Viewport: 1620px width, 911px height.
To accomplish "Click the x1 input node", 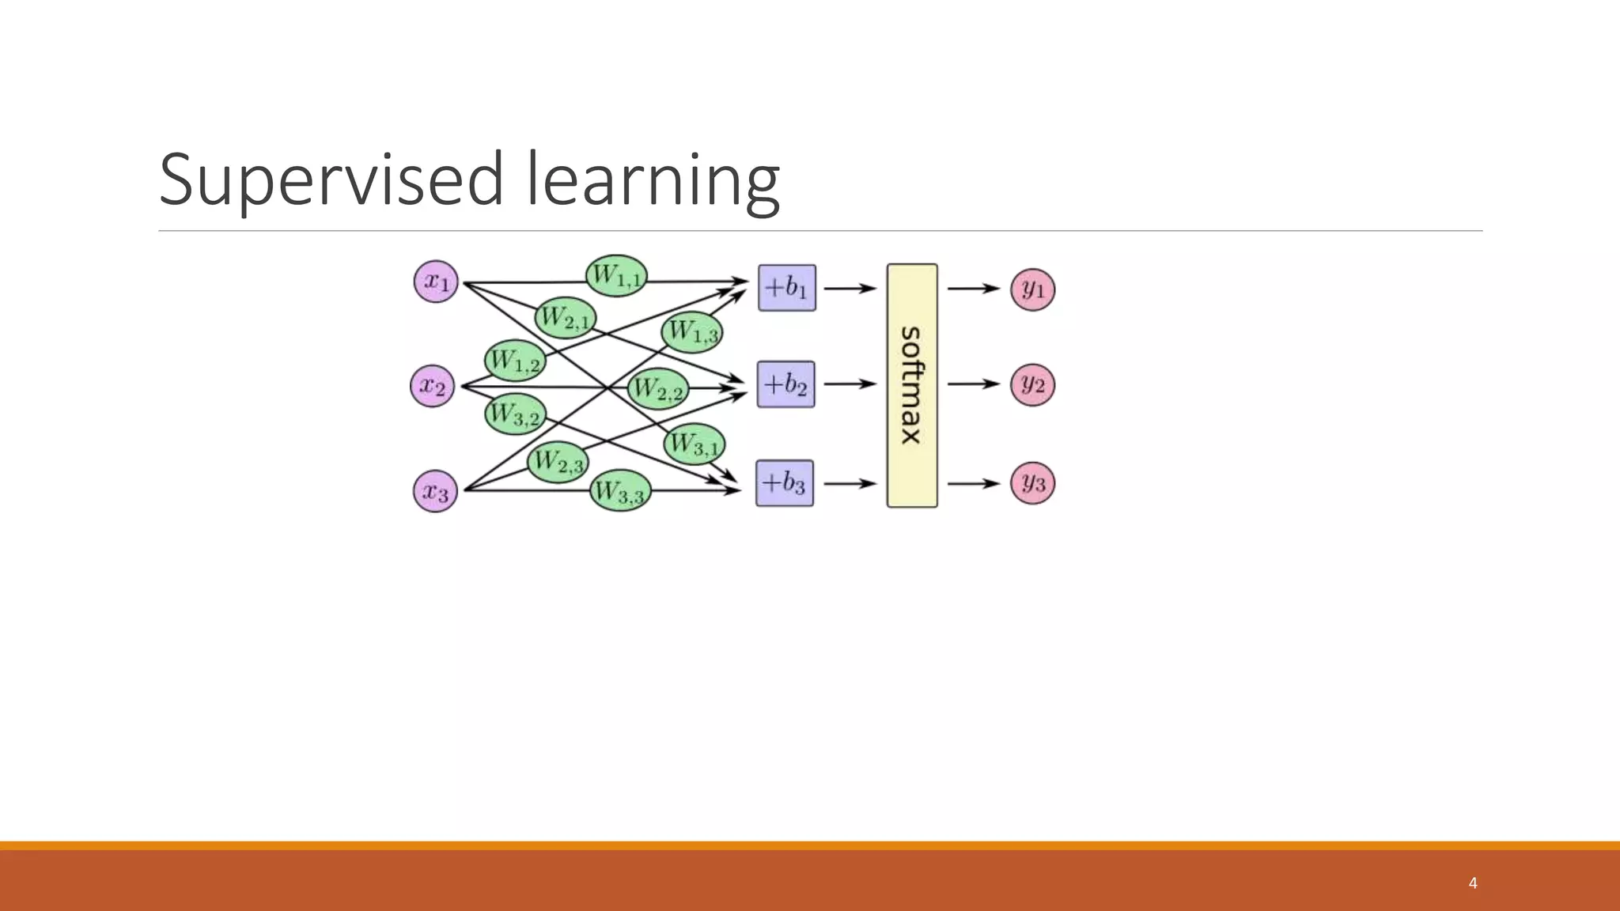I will click(x=436, y=282).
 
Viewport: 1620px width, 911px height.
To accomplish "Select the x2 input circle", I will click(x=433, y=386).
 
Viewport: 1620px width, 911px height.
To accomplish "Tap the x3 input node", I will click(x=435, y=491).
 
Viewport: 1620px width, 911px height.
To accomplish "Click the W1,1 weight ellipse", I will click(x=616, y=276).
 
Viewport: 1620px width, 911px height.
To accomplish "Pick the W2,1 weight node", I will click(x=566, y=318).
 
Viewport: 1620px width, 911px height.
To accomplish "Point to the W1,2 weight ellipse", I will click(x=515, y=361).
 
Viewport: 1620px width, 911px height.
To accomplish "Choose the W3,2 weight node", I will click(x=515, y=414).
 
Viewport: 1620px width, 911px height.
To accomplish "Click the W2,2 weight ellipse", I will click(x=658, y=388).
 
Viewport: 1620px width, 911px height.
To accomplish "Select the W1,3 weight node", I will click(x=692, y=331).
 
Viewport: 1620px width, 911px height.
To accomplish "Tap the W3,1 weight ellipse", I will click(x=695, y=444).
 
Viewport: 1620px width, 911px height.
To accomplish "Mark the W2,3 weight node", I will click(x=558, y=462).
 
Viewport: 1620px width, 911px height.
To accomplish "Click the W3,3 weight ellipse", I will click(x=620, y=491).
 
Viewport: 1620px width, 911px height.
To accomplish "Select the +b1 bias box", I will click(x=787, y=288).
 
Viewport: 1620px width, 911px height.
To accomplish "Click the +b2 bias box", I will click(x=785, y=384).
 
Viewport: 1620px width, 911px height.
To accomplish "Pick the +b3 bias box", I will click(x=785, y=483).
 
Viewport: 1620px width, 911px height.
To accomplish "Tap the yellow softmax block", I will click(x=912, y=385).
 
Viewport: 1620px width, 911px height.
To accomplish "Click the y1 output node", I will click(x=1033, y=289).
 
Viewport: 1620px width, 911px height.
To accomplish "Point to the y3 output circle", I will click(x=1033, y=483).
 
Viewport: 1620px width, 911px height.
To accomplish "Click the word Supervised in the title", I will click(x=331, y=180).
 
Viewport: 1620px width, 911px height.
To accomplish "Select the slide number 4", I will click(x=1472, y=883).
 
